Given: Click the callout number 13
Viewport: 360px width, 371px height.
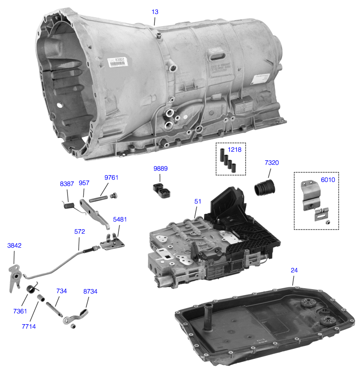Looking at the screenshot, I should click(x=155, y=12).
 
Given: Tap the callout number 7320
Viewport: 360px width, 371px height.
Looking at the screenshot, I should click(x=271, y=163).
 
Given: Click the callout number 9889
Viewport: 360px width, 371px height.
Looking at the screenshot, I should click(x=160, y=168).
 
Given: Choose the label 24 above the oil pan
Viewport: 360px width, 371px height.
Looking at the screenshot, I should click(x=294, y=270).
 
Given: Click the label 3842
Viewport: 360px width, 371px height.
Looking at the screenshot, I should click(x=14, y=246).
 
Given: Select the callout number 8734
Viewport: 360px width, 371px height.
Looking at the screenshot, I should click(x=90, y=291).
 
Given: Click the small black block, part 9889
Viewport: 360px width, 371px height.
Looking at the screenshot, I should click(x=162, y=190).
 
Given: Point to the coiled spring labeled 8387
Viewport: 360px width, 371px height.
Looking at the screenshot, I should click(x=68, y=205).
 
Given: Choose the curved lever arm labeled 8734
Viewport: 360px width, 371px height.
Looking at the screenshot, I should click(x=76, y=317).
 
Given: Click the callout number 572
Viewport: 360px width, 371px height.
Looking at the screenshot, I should click(x=79, y=231).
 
